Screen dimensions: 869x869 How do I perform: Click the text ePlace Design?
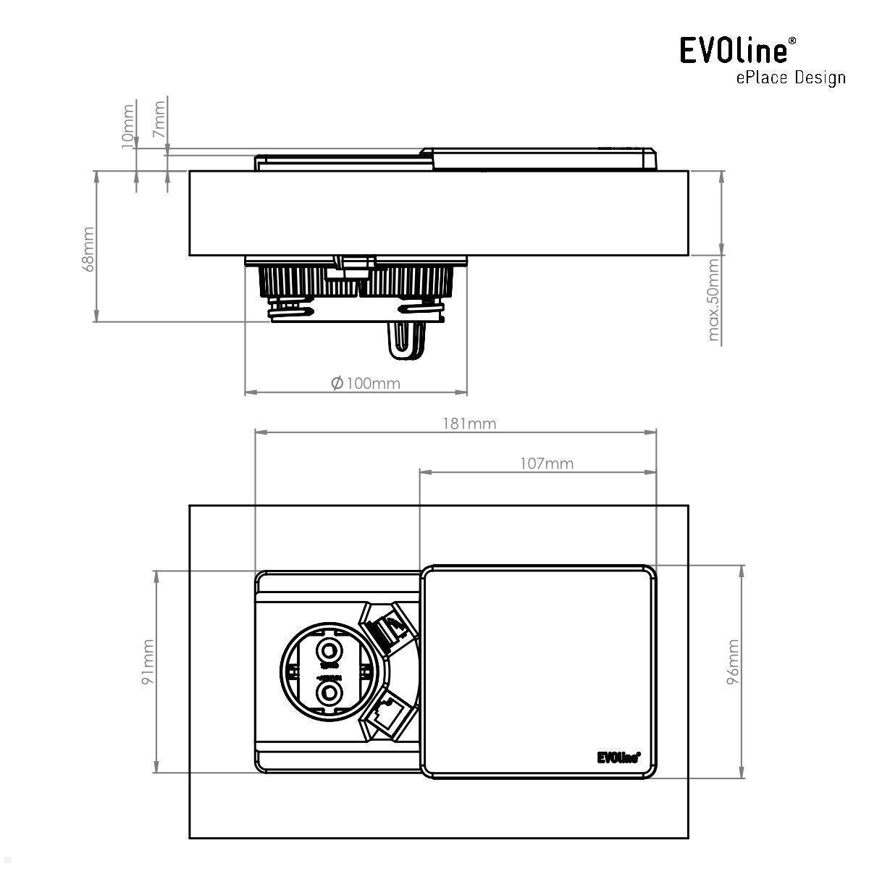tap(791, 77)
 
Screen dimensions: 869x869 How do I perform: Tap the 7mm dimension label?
tap(159, 120)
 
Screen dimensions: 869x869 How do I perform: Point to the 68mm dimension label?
tap(88, 248)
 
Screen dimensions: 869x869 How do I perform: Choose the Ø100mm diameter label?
tap(365, 382)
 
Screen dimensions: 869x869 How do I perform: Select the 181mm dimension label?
tap(469, 424)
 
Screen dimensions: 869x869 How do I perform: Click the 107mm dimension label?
tap(547, 463)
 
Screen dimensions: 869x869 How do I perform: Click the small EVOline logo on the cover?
tap(618, 757)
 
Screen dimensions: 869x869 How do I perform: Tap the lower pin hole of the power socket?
tap(330, 694)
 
